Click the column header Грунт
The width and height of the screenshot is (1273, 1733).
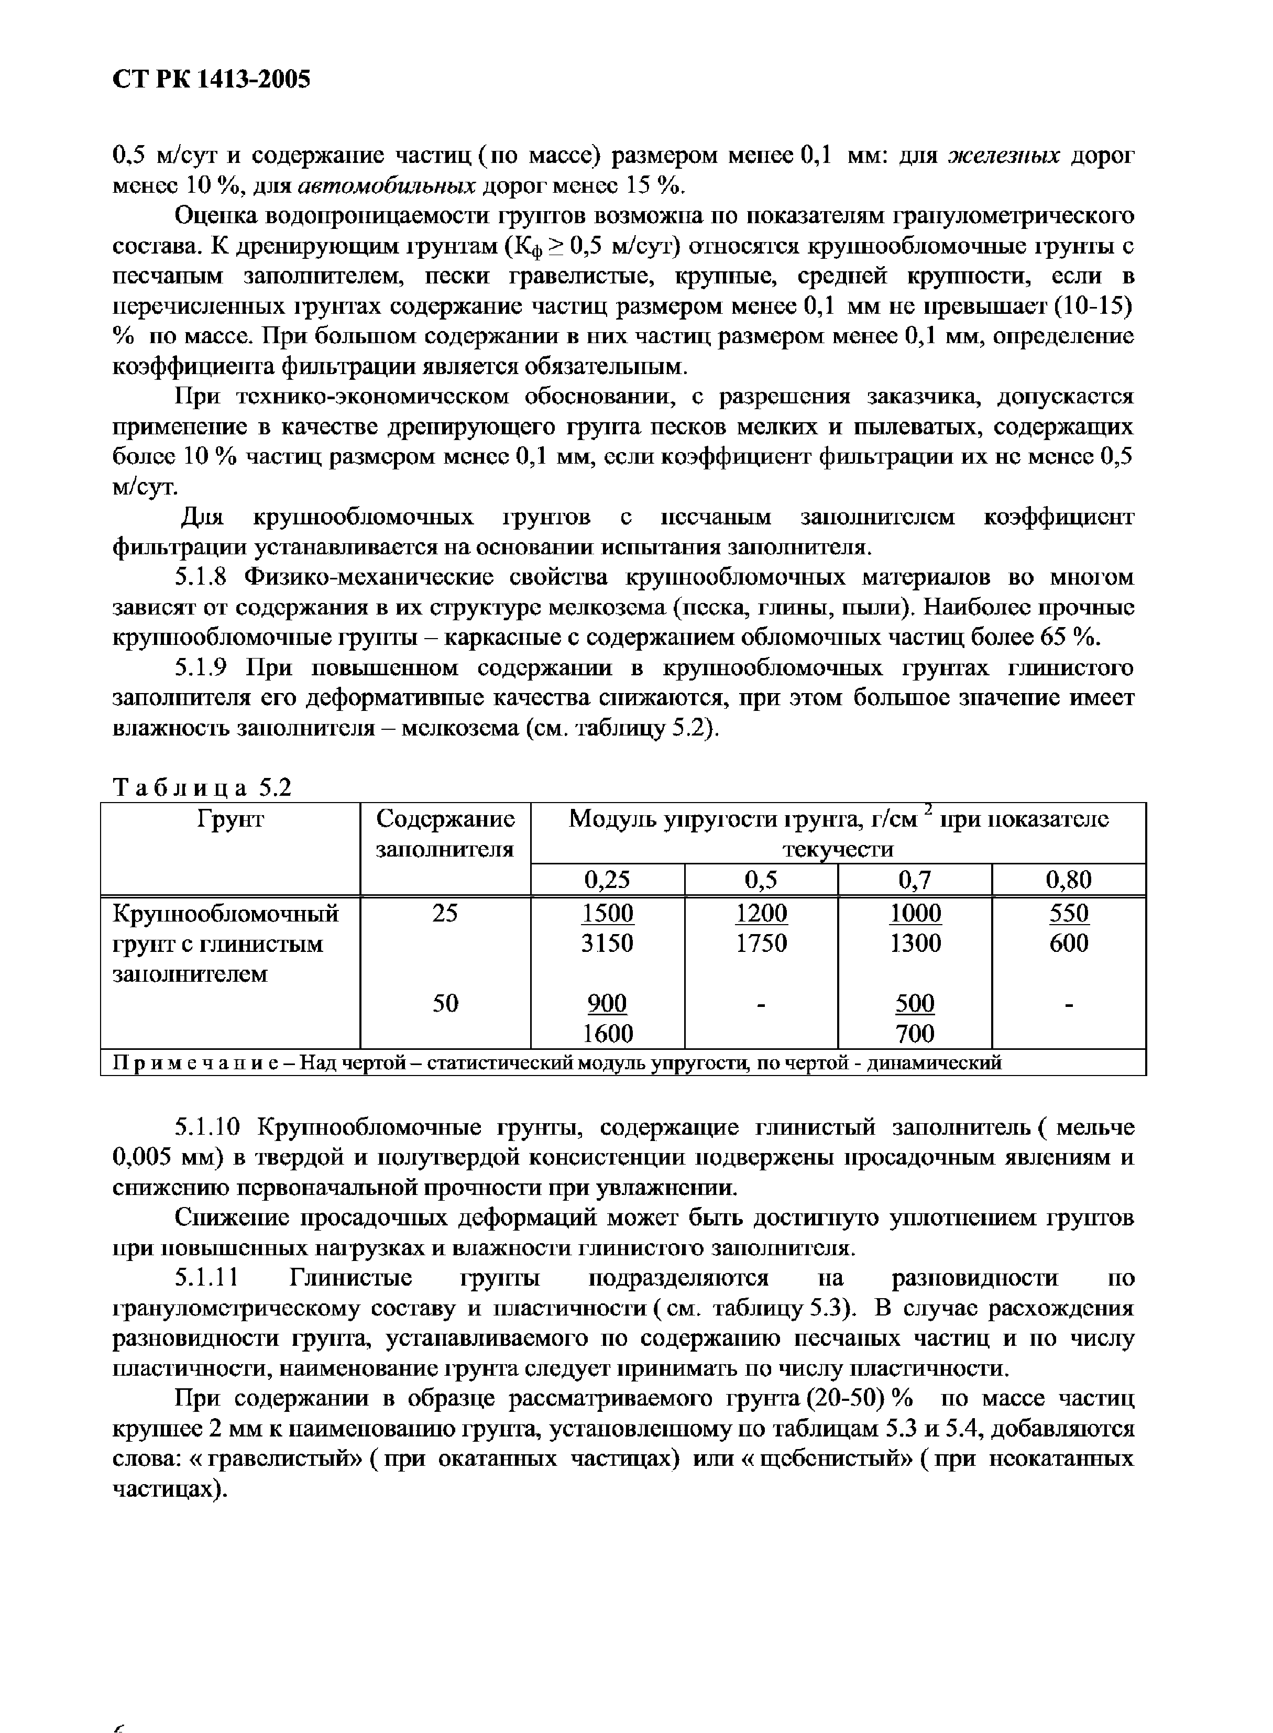coord(231,820)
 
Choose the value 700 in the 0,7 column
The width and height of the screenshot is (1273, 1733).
coord(915,1033)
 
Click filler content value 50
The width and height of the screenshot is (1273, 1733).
coord(445,1003)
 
